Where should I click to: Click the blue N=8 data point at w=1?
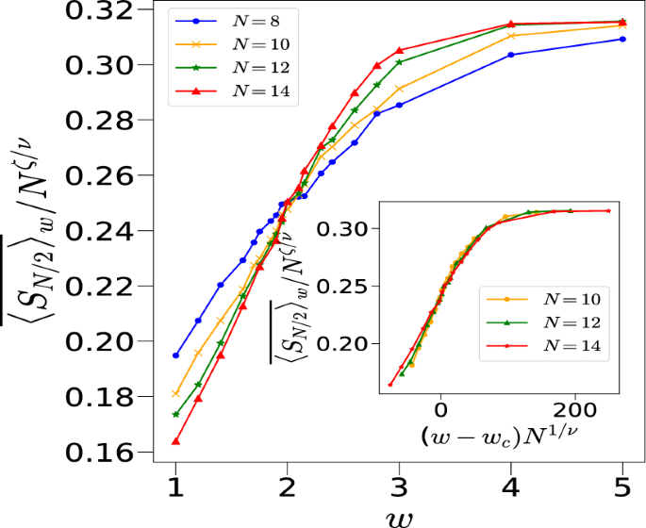click(175, 355)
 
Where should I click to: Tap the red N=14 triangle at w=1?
click(175, 441)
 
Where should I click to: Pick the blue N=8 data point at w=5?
click(622, 39)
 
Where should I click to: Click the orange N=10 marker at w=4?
click(511, 36)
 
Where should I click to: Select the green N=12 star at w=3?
click(399, 62)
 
